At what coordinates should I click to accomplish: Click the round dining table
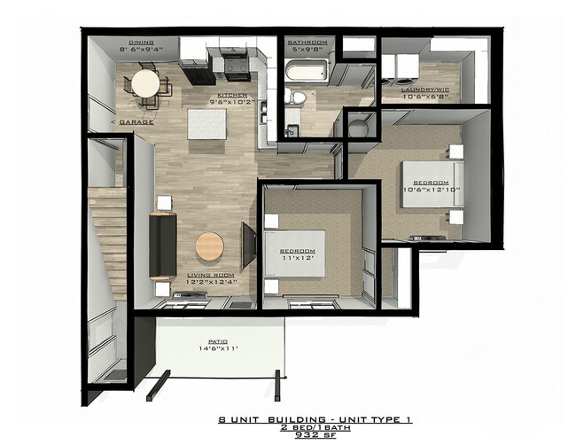pos(146,83)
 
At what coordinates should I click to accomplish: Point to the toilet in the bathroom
pos(299,97)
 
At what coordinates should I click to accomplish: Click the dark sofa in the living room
pos(162,245)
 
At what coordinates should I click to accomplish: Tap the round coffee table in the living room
pos(209,246)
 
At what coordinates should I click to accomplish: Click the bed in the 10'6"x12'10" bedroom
pos(428,183)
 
